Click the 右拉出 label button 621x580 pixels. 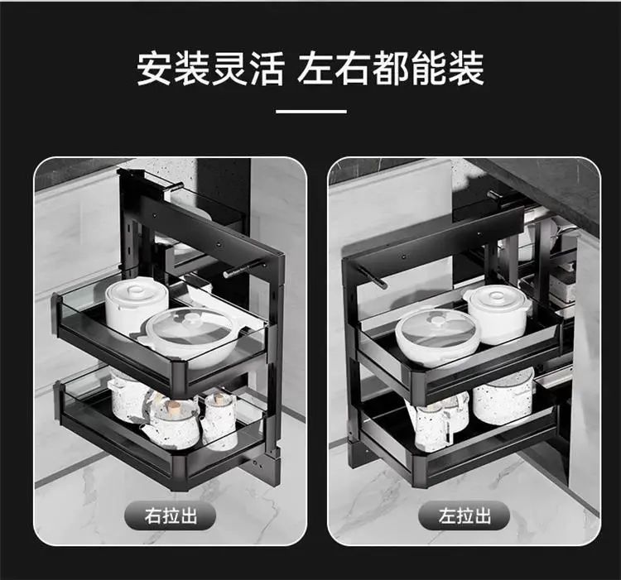click(171, 515)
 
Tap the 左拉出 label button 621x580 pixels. click(464, 515)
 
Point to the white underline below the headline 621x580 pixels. click(310, 112)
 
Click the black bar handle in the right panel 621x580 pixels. click(372, 276)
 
